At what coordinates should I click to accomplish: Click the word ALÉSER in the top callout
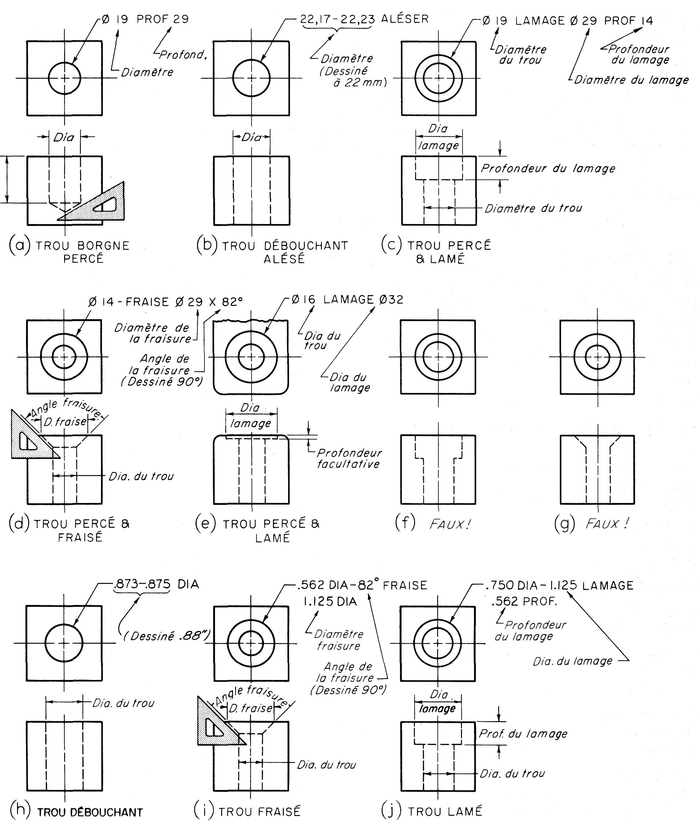pos(405,19)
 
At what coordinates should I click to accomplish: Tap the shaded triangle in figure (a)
pos(99,206)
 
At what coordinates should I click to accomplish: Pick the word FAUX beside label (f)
pos(450,524)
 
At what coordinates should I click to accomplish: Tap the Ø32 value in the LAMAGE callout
pos(391,299)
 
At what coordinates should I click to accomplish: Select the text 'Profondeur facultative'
pos(349,458)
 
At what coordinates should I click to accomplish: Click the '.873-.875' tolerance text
pos(142,584)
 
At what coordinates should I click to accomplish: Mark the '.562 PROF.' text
pos(524,602)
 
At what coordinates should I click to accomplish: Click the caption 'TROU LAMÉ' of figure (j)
pos(445,809)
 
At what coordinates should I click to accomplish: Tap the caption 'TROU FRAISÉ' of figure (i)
pos(260,809)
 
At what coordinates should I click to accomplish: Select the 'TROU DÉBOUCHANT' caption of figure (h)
pos(90,810)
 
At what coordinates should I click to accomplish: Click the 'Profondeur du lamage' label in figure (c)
pos(548,168)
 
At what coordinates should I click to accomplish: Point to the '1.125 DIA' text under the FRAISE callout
pos(330,602)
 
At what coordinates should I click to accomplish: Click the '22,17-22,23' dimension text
pos(337,19)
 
